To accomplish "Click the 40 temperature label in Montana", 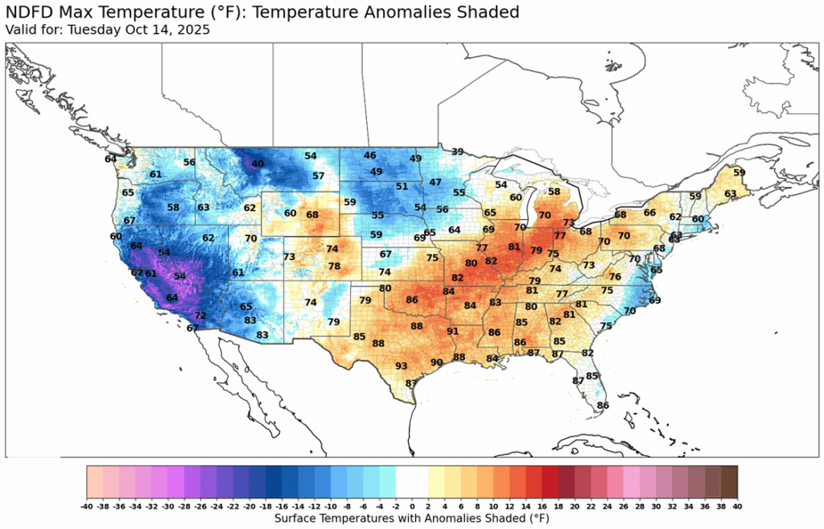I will pos(257,164).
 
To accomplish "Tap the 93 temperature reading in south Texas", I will pos(402,366).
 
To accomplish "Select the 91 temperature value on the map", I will pos(453,332).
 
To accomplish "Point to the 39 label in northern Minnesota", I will pos(457,151).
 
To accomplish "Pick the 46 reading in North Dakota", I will pos(370,155).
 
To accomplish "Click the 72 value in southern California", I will pos(200,316).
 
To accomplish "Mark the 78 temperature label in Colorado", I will pos(334,267).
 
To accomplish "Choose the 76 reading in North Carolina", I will pos(616,277).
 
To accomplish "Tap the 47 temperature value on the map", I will pos(435,183).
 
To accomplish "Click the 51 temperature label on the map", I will pos(402,187).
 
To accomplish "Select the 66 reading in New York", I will pos(649,213).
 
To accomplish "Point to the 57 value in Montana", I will pos(319,176).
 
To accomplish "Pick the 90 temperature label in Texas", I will pos(437,362).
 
